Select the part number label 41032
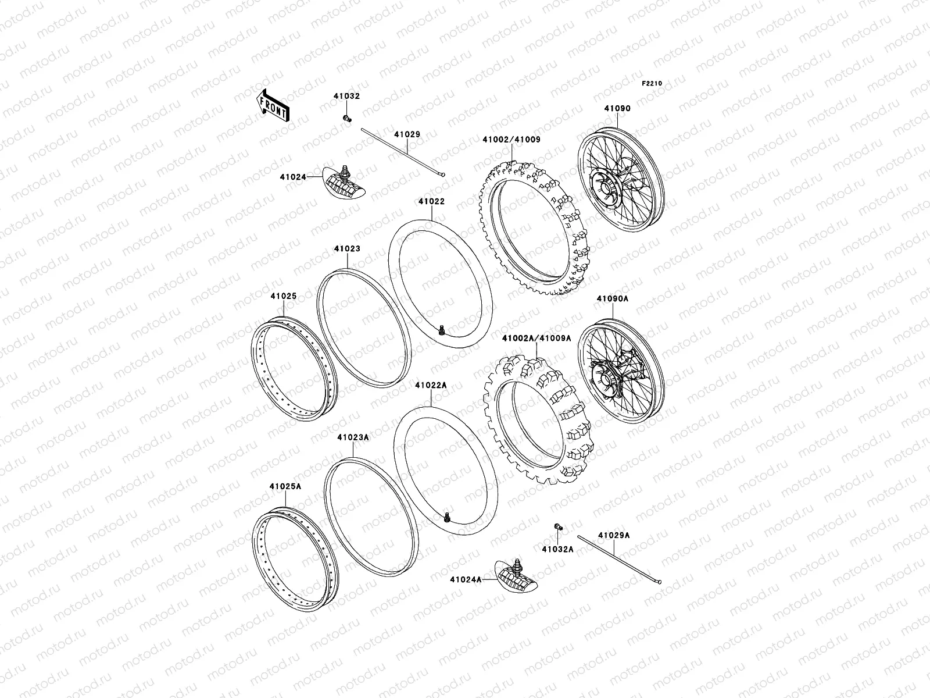click(x=346, y=97)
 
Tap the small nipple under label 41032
click(x=346, y=119)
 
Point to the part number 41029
click(x=407, y=134)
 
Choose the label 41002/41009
click(x=512, y=140)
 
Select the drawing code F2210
click(x=652, y=83)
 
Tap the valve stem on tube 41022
click(x=442, y=330)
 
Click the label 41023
click(x=347, y=249)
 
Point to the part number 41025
click(x=283, y=296)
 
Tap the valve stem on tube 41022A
click(x=447, y=517)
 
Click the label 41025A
click(x=285, y=486)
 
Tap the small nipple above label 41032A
click(x=557, y=527)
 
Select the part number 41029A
click(x=611, y=536)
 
